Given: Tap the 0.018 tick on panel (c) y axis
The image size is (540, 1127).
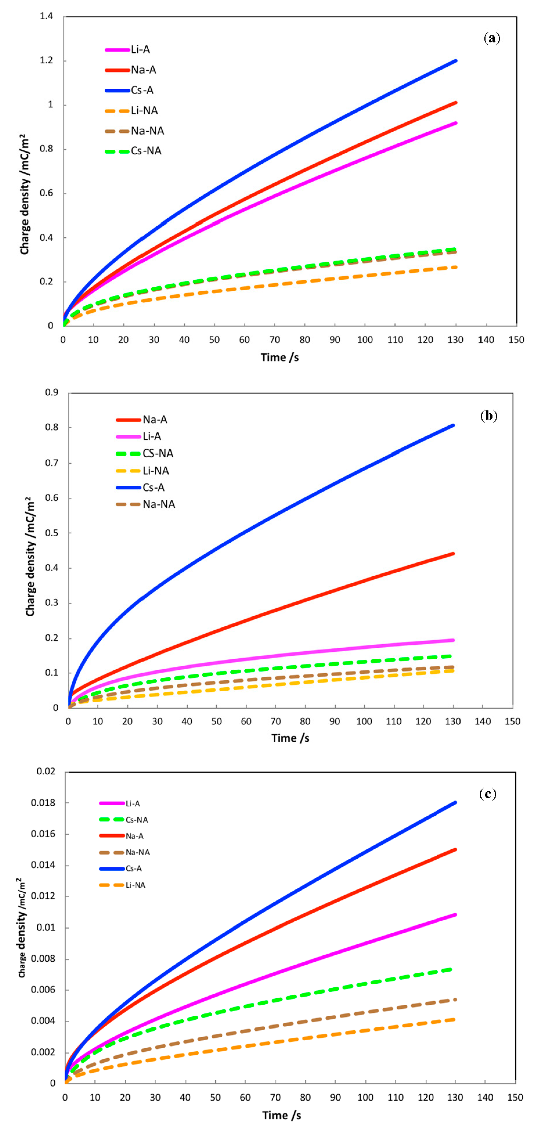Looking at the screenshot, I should point(43,803).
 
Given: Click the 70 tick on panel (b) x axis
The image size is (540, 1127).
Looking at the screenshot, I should point(276,721).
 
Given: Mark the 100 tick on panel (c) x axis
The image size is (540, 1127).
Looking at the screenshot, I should point(365,1097).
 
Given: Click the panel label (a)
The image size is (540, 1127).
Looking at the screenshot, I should point(492,39).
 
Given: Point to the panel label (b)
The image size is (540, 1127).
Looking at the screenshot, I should point(489,416).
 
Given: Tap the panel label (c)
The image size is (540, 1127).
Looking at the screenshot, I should point(488,794).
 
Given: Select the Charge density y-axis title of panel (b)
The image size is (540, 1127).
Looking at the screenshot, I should point(30,557).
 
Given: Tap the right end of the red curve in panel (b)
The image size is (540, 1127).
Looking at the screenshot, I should point(453,554).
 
